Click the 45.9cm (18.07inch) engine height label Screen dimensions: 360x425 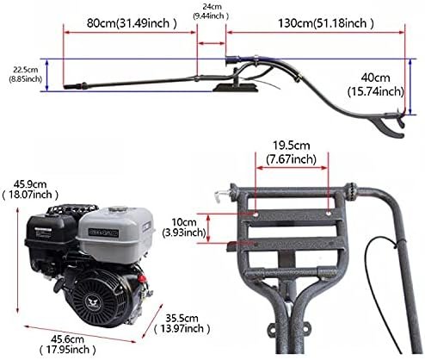(x=28, y=189)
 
